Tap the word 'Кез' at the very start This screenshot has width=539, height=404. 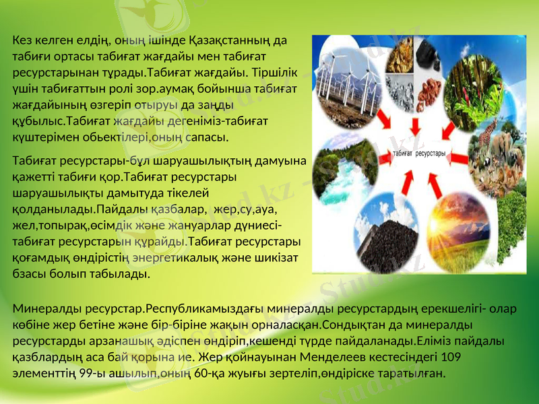pos(22,40)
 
